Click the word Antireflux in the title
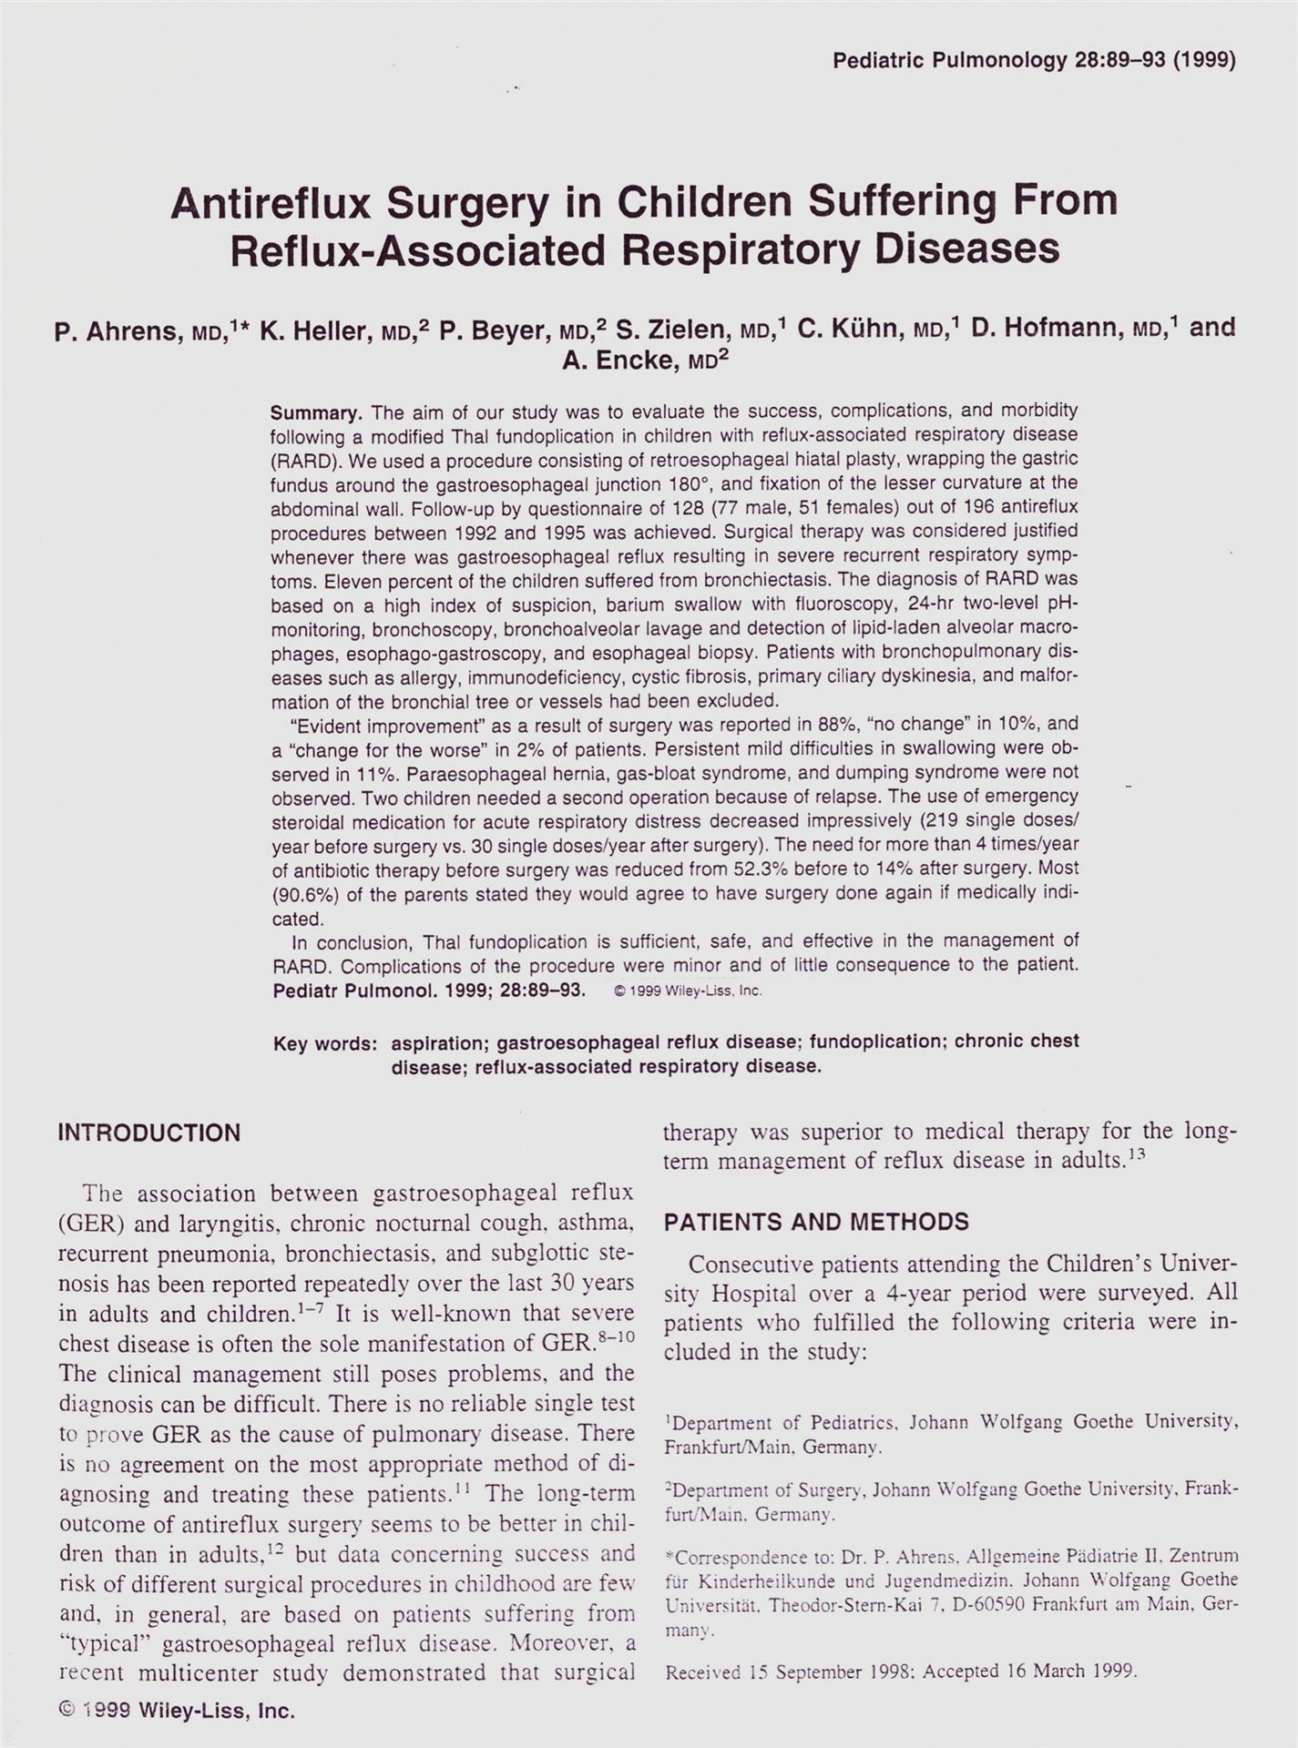pos(270,203)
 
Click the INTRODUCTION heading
pos(149,1133)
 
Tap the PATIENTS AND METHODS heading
pos(816,1222)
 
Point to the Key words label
pos(325,1043)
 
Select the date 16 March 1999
pos(1072,1672)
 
